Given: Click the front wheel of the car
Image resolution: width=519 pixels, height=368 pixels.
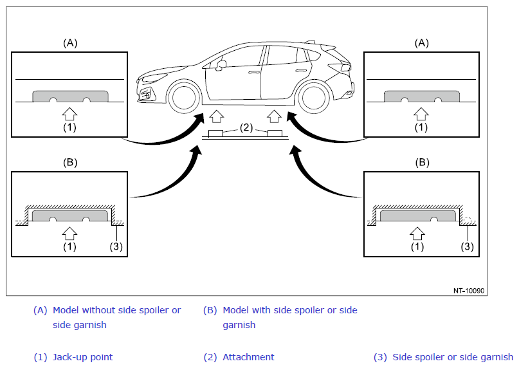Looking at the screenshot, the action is (x=184, y=98).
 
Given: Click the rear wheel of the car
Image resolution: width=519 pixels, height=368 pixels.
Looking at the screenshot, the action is (x=314, y=98).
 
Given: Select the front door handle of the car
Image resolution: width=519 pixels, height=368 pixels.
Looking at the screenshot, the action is (x=254, y=72).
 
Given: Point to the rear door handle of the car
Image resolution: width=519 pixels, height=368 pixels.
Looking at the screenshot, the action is (x=301, y=71).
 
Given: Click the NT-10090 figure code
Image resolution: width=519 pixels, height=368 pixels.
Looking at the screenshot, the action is (x=469, y=291).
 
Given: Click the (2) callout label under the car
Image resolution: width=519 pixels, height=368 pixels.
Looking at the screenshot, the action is (x=246, y=127).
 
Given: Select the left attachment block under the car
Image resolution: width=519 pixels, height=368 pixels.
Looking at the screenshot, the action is (x=215, y=133).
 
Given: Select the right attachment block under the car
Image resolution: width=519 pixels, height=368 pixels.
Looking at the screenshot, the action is (x=275, y=133).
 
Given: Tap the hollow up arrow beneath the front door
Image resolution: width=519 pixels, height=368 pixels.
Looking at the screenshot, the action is (x=217, y=116).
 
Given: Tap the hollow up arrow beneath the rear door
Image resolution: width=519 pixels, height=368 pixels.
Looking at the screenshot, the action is (x=274, y=116).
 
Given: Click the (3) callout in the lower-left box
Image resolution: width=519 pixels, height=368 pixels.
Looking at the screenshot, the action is (x=116, y=246).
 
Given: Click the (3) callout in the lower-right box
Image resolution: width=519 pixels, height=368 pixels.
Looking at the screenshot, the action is (x=467, y=246).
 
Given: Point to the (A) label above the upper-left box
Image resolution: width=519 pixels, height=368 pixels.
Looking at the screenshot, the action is (x=70, y=43).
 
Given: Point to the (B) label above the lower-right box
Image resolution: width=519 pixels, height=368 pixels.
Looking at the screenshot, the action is (x=422, y=162).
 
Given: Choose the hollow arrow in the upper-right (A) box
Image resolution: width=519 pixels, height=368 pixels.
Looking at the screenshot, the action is (x=421, y=114).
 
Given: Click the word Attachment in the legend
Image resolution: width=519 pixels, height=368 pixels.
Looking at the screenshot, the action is (x=248, y=357).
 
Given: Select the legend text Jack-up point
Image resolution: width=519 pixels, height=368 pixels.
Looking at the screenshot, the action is (x=83, y=357).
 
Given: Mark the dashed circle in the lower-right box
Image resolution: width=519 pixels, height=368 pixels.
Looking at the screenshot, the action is (x=467, y=220).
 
